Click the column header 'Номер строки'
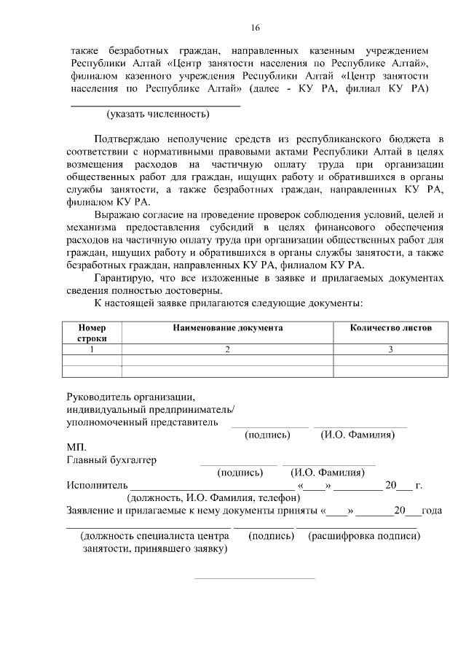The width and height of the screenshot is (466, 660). click(92, 333)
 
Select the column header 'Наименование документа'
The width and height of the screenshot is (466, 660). click(227, 328)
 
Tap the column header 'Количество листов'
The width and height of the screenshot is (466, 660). click(390, 328)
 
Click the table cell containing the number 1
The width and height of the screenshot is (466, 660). click(92, 350)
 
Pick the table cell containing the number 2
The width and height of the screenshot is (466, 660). click(227, 350)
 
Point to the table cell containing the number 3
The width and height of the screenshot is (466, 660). click(390, 350)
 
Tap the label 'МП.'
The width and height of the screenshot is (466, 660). click(76, 447)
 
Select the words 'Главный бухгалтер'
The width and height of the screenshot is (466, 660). click(111, 460)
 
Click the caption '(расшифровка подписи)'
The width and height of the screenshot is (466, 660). click(363, 536)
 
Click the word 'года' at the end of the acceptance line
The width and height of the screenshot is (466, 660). click(432, 510)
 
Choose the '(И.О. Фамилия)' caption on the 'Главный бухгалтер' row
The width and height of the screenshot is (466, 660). click(328, 473)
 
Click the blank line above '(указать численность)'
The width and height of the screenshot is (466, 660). click(154, 105)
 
